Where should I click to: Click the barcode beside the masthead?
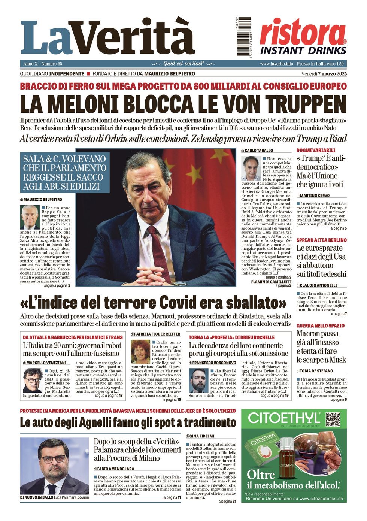point(244,36)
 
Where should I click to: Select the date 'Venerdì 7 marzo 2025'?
point(324,74)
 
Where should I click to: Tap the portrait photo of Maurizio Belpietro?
point(30,217)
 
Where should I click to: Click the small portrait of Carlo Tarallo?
point(251,168)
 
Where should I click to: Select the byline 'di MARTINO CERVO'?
point(313,196)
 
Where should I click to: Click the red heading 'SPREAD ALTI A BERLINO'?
point(321,240)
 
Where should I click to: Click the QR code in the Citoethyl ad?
point(333,419)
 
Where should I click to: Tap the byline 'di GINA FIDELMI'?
point(200,436)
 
